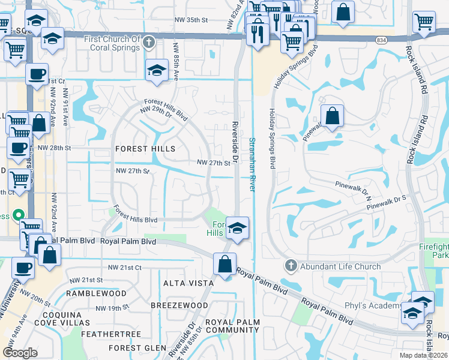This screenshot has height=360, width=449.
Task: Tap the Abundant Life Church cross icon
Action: click(x=291, y=265)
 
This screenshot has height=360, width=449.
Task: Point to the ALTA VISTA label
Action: click(x=188, y=283)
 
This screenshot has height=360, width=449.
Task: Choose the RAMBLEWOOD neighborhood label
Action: click(x=96, y=293)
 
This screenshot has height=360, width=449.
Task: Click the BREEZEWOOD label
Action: click(x=179, y=305)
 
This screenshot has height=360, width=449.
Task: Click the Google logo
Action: click(x=20, y=352)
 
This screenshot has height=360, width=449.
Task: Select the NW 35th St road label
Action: click(x=191, y=19)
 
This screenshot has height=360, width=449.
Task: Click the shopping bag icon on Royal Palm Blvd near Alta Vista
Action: click(x=224, y=264)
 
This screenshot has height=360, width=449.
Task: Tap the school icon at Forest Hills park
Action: click(x=238, y=227)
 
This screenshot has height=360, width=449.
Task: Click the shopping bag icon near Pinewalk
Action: click(x=332, y=116)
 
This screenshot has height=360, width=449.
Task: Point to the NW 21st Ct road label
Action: click(x=124, y=267)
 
